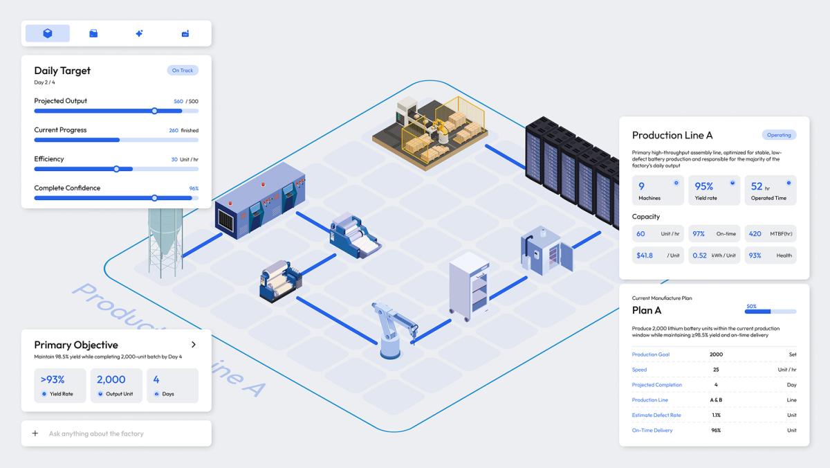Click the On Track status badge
pos(183,71)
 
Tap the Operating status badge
pos(779,135)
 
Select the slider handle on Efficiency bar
pos(116,169)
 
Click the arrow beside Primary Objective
pos(193,345)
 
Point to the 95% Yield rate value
pos(704,186)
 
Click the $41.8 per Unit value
pos(645,255)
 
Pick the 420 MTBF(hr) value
pos(755,234)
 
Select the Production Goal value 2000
pos(717,354)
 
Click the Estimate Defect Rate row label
pos(656,415)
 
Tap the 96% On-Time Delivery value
pos(715,431)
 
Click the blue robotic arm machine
pos(395,330)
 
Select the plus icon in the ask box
pos(35,433)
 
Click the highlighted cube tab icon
pos(48,33)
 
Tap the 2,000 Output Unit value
pos(111,379)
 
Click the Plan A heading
pos(647,310)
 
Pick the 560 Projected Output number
pos(178,101)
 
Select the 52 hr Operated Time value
pos(757,186)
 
